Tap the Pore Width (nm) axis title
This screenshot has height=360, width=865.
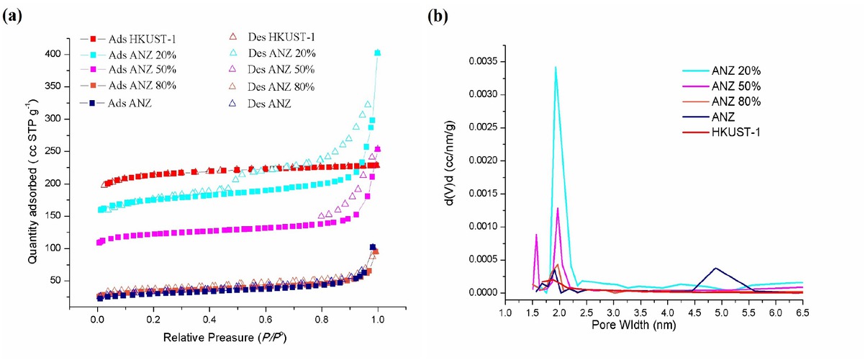click(653, 326)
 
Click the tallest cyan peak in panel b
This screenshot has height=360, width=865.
click(556, 67)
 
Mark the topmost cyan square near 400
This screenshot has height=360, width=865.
click(378, 53)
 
